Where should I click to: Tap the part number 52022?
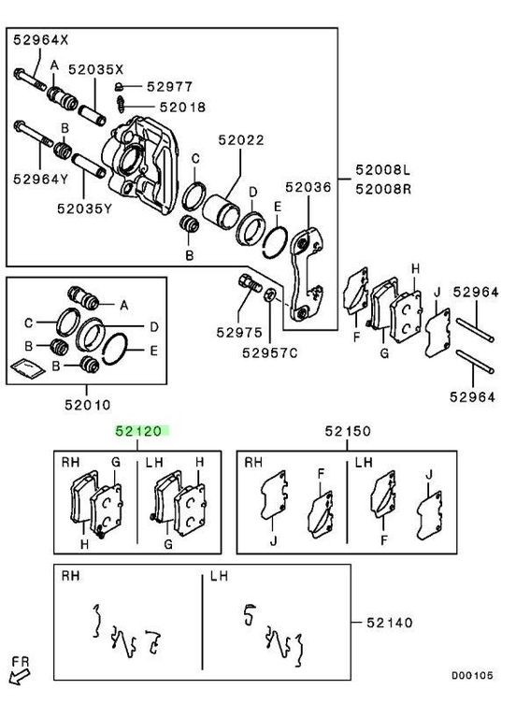pos(241,140)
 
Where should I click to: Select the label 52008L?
pos(383,170)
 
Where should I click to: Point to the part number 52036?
pos(308,187)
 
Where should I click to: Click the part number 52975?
pos(239,333)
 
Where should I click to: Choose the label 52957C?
pos(269,353)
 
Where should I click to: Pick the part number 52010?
pos(88,405)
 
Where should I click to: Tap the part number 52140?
pos(390,623)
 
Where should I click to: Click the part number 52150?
pos(348,431)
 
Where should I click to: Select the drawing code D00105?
pos(472,675)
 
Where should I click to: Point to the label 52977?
pos(170,87)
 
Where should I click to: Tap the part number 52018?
pos(182,108)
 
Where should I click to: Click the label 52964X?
pos(41,40)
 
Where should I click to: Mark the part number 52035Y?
pos(85,208)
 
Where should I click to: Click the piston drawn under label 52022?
pos(222,209)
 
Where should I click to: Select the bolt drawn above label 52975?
pos(250,282)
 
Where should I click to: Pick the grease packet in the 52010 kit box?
pos(27,368)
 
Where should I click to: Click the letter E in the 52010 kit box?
pos(153,351)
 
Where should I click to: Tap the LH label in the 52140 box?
pos(219,576)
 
